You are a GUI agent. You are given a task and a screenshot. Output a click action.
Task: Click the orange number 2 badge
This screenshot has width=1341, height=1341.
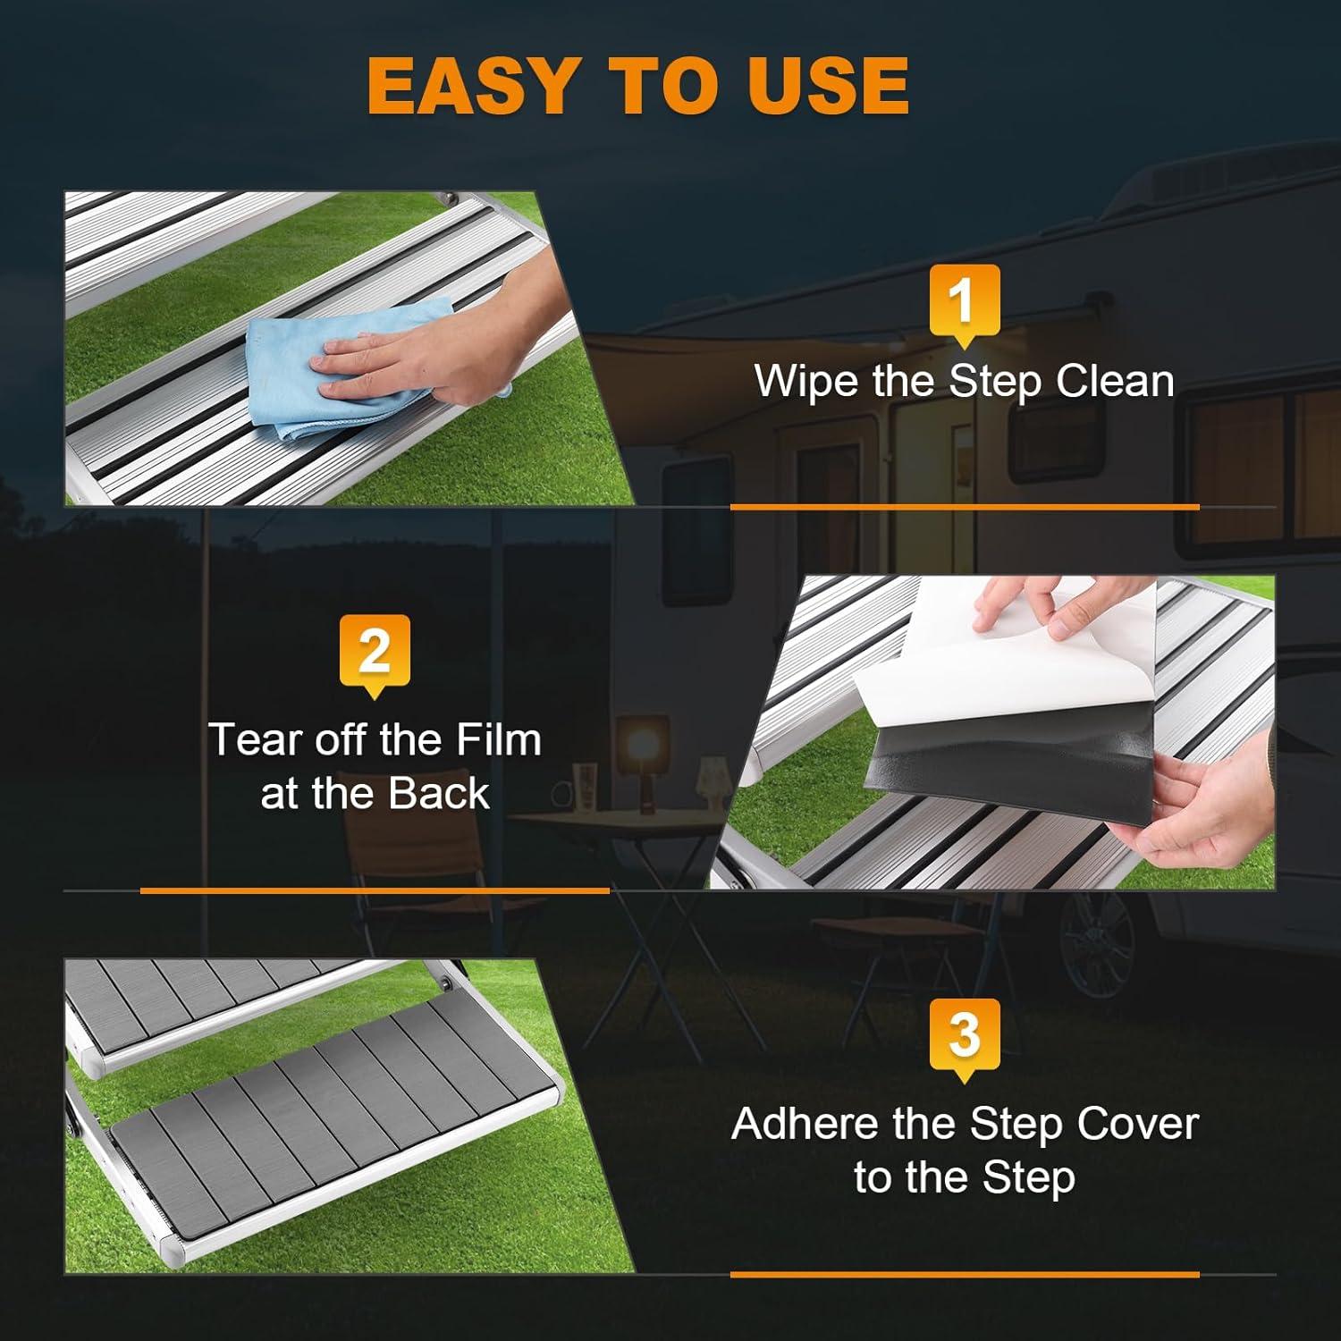pyautogui.click(x=375, y=655)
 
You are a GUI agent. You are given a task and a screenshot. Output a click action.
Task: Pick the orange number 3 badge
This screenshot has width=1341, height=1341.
pyautogui.click(x=964, y=1040)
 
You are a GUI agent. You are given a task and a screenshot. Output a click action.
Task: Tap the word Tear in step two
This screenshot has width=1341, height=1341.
pyautogui.click(x=245, y=740)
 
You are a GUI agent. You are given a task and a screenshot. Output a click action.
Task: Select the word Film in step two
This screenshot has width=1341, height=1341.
pyautogui.click(x=499, y=740)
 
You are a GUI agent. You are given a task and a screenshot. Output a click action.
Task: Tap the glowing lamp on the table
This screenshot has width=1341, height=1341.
pyautogui.click(x=645, y=742)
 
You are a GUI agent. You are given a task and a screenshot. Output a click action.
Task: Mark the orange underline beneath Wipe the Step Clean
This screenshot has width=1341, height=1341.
pyautogui.click(x=965, y=507)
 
